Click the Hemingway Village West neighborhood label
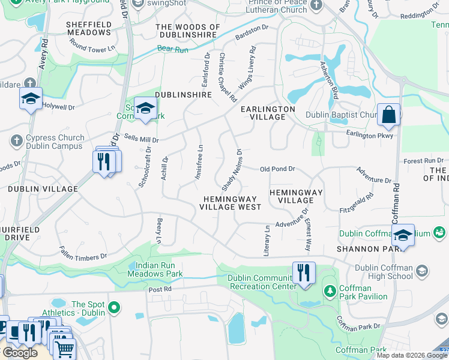231,203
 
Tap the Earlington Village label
268,113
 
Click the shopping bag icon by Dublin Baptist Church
388,114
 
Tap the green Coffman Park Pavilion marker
330,291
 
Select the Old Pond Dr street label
277,169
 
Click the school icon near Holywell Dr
31,99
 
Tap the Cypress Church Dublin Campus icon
16,141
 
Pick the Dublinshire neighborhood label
183,95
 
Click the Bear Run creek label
169,48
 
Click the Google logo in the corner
19,353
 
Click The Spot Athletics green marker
113,308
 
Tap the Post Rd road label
160,289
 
